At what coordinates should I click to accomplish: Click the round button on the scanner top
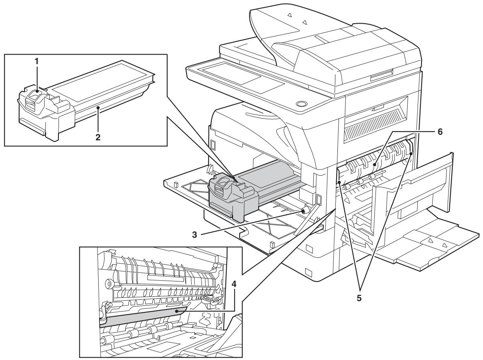pyautogui.click(x=299, y=104)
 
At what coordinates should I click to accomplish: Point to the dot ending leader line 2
pyautogui.click(x=97, y=119)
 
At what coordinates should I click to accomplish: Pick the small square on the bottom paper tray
pyautogui.click(x=308, y=272)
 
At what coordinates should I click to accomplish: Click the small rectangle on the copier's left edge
pyautogui.click(x=213, y=145)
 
